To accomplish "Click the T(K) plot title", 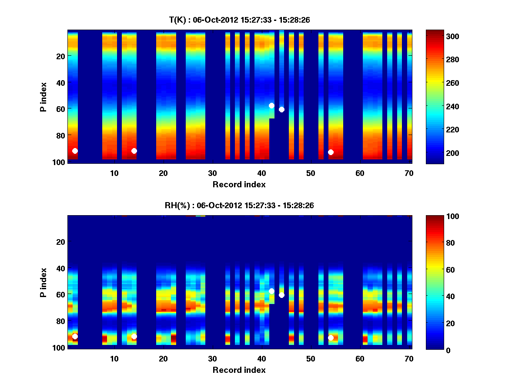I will point(239,20).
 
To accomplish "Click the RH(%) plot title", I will point(239,205).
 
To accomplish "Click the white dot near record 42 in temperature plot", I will point(271,105).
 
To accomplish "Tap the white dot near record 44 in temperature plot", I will point(281,109).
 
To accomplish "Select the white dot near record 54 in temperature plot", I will point(331,152).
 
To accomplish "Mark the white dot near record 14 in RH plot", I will point(134,336).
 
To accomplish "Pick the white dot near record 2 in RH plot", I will point(75,336).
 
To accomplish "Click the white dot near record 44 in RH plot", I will point(281,295).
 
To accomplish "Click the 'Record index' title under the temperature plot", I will point(239,184).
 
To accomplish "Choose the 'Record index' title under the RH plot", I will point(239,370).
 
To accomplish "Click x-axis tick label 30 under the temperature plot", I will point(212,173).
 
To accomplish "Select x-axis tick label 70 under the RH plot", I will point(409,359).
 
